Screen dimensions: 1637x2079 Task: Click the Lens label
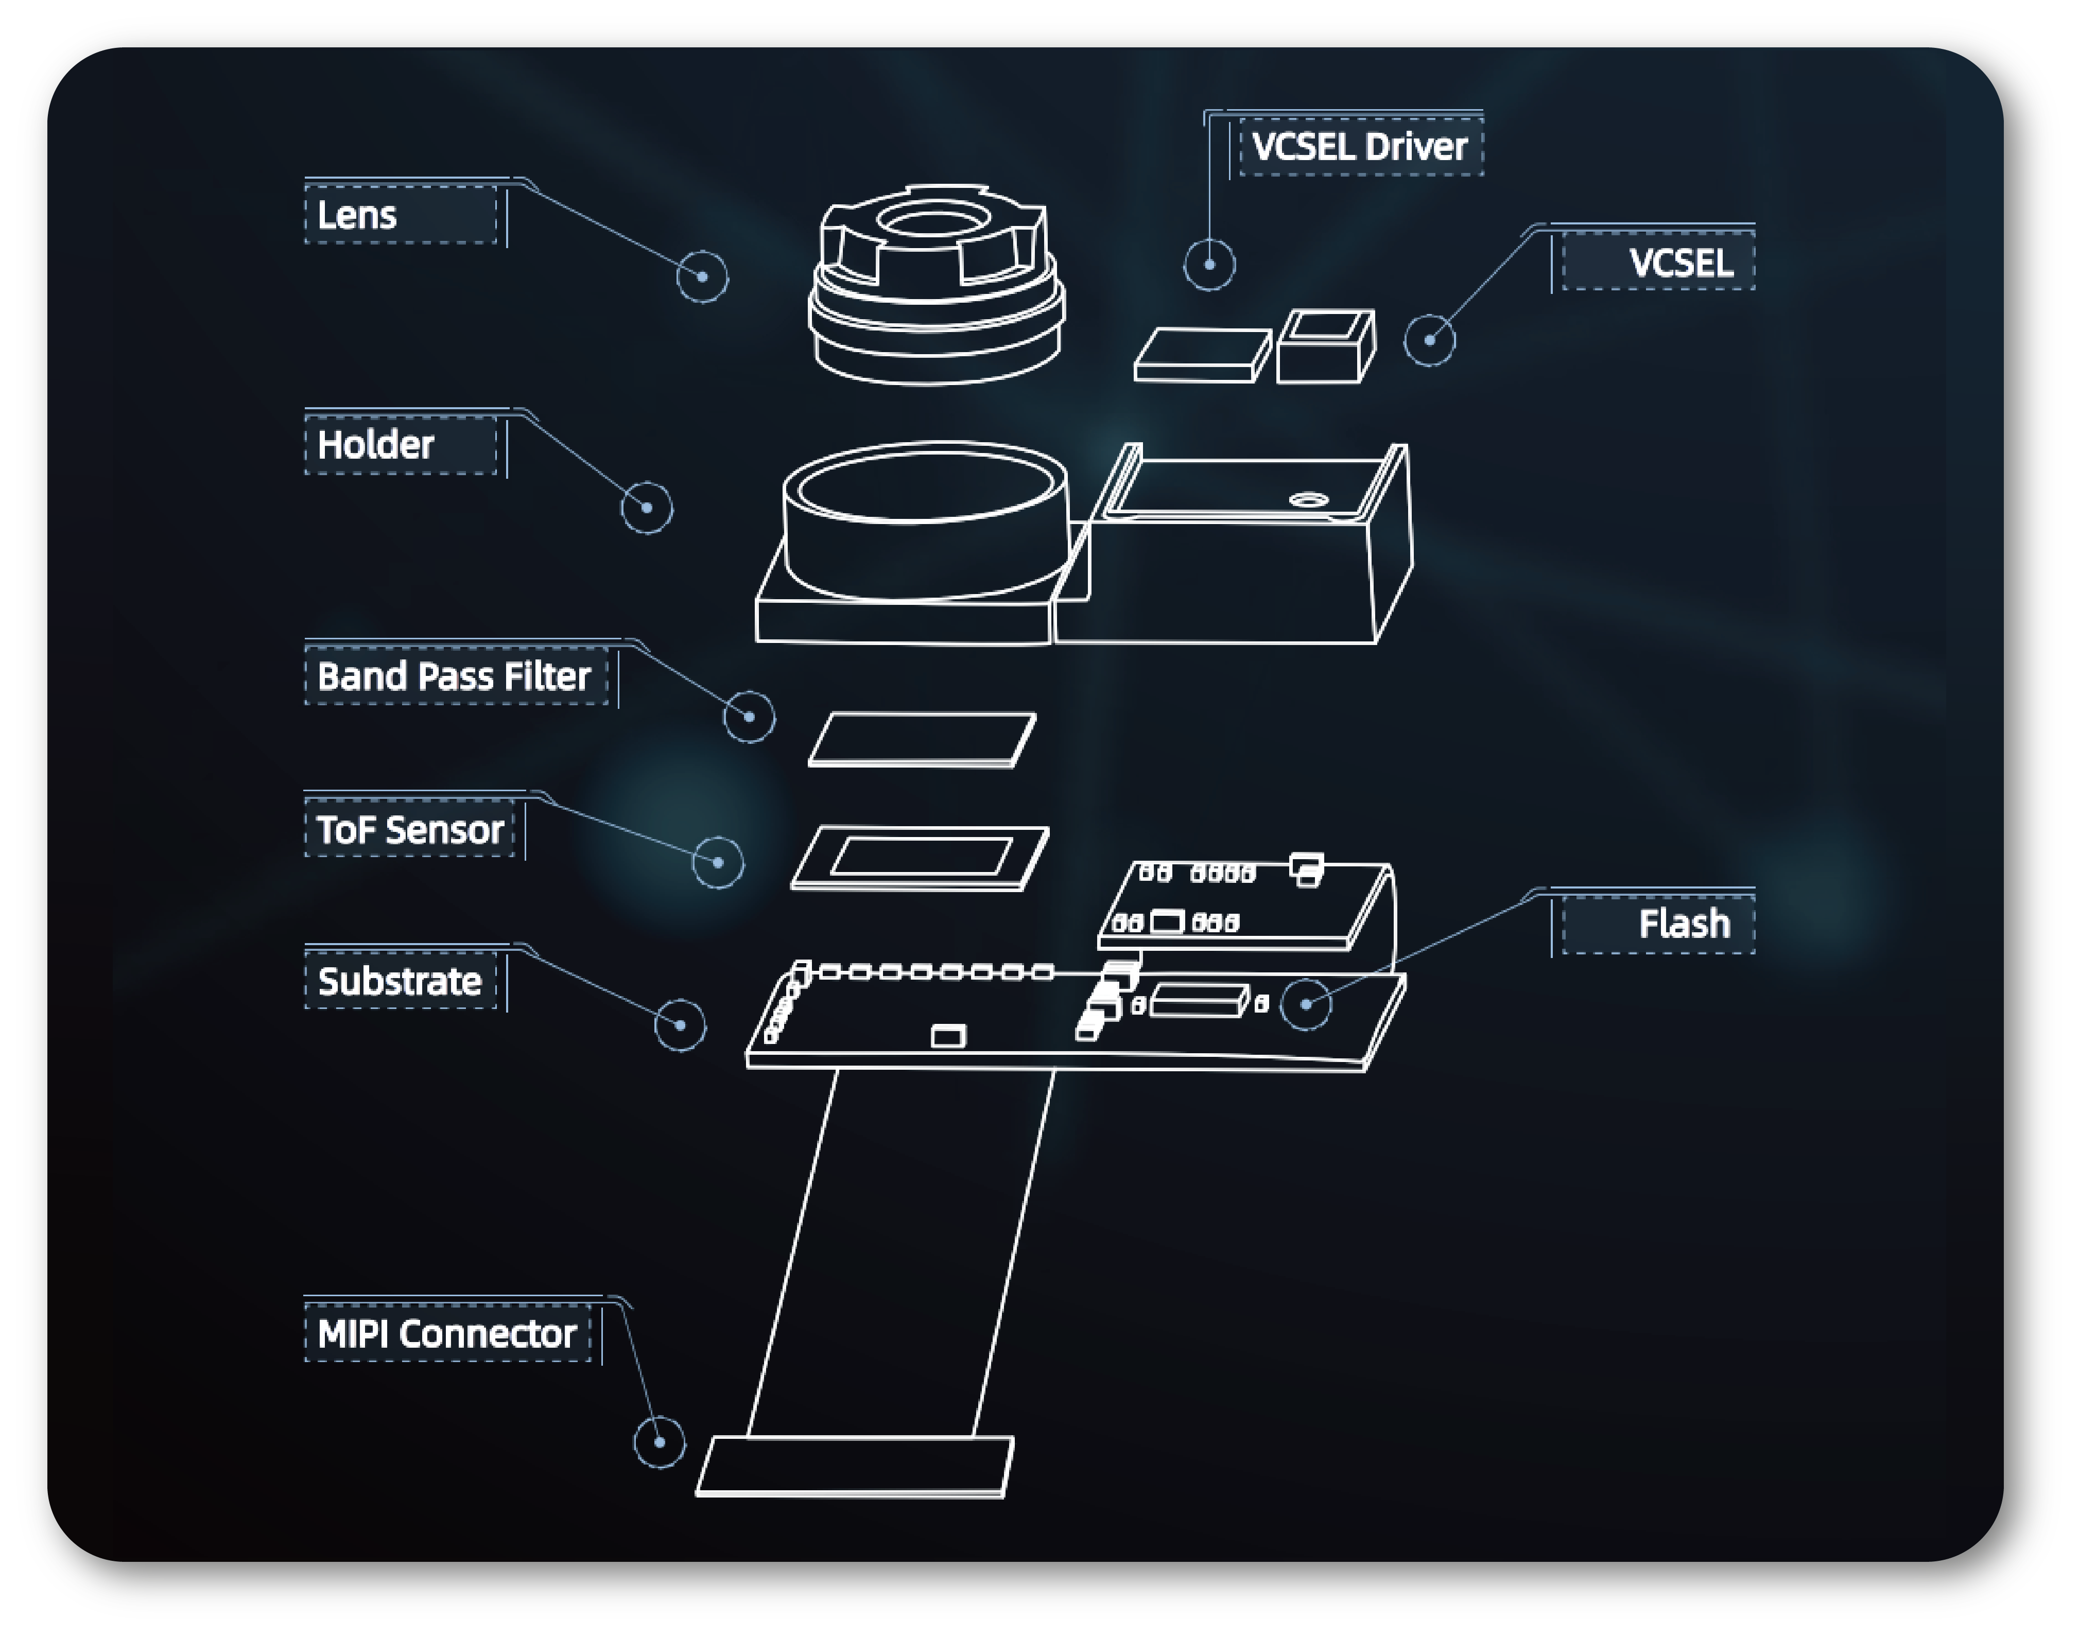tap(357, 216)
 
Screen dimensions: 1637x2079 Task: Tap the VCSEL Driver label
tap(1359, 147)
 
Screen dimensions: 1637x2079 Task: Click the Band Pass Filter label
tap(454, 676)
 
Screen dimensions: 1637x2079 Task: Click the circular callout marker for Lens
tap(703, 277)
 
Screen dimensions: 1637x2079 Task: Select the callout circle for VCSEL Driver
tap(1209, 265)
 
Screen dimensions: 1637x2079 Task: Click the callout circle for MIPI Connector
tap(660, 1442)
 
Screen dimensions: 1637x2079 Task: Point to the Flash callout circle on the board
tap(1306, 1004)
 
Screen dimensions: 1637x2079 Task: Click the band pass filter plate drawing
tap(922, 739)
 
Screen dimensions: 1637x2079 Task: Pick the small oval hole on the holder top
tap(1308, 499)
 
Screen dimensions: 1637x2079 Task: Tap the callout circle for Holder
tap(647, 508)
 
